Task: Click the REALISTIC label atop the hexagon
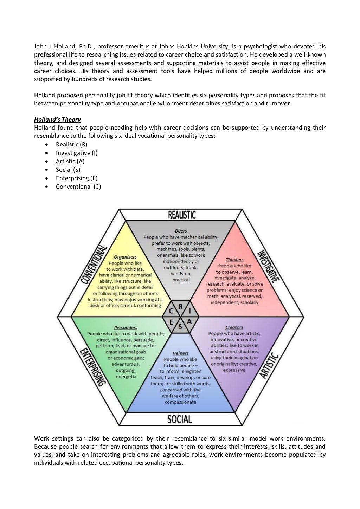pos(182,215)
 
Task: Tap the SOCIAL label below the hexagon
pos(179,419)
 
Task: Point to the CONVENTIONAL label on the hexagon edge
pos(94,265)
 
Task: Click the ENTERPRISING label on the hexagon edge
pos(92,367)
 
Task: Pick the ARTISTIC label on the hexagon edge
pos(269,366)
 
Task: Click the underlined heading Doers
pos(181,231)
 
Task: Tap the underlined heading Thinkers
pos(234,260)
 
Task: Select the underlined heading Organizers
pos(125,257)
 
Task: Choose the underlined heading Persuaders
pos(126,328)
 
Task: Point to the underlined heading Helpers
pos(180,353)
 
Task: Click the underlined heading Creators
pos(234,327)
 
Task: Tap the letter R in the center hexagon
pos(180,307)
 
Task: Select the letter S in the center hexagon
pos(180,326)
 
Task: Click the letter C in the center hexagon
pos(171,311)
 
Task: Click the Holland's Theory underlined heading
pos(57,119)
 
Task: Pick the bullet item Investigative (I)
pos(77,153)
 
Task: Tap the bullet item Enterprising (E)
pos(77,178)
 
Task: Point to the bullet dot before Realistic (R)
pos(47,144)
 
